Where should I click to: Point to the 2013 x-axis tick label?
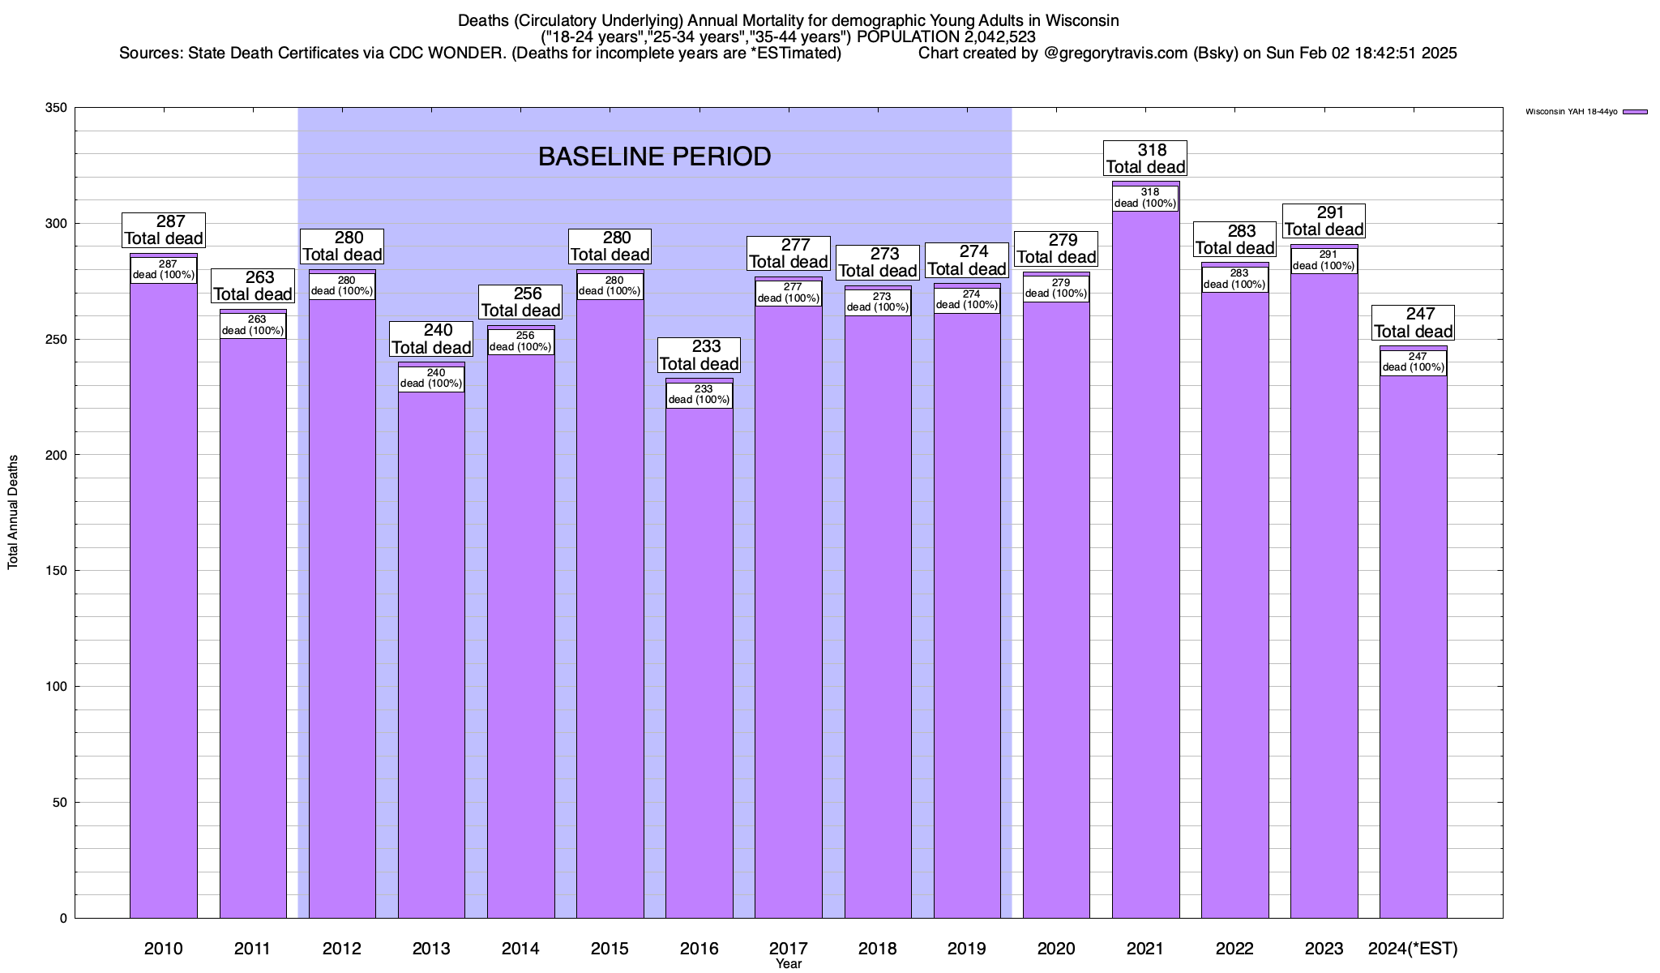(431, 948)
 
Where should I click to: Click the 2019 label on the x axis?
(967, 948)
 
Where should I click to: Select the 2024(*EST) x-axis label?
(1413, 948)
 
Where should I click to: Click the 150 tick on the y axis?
(57, 571)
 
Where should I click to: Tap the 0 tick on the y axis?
(63, 919)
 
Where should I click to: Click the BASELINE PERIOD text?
(654, 156)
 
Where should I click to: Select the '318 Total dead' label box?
(1145, 158)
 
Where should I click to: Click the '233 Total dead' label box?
(699, 355)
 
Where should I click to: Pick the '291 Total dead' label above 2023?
(1324, 221)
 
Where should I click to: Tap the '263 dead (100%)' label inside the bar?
(253, 325)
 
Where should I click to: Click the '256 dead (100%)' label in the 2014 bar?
(520, 341)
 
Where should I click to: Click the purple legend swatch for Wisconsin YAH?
(1635, 112)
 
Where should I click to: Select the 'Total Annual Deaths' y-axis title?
(13, 512)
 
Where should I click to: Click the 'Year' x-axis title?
(788, 963)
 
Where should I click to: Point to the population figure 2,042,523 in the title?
(982, 36)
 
